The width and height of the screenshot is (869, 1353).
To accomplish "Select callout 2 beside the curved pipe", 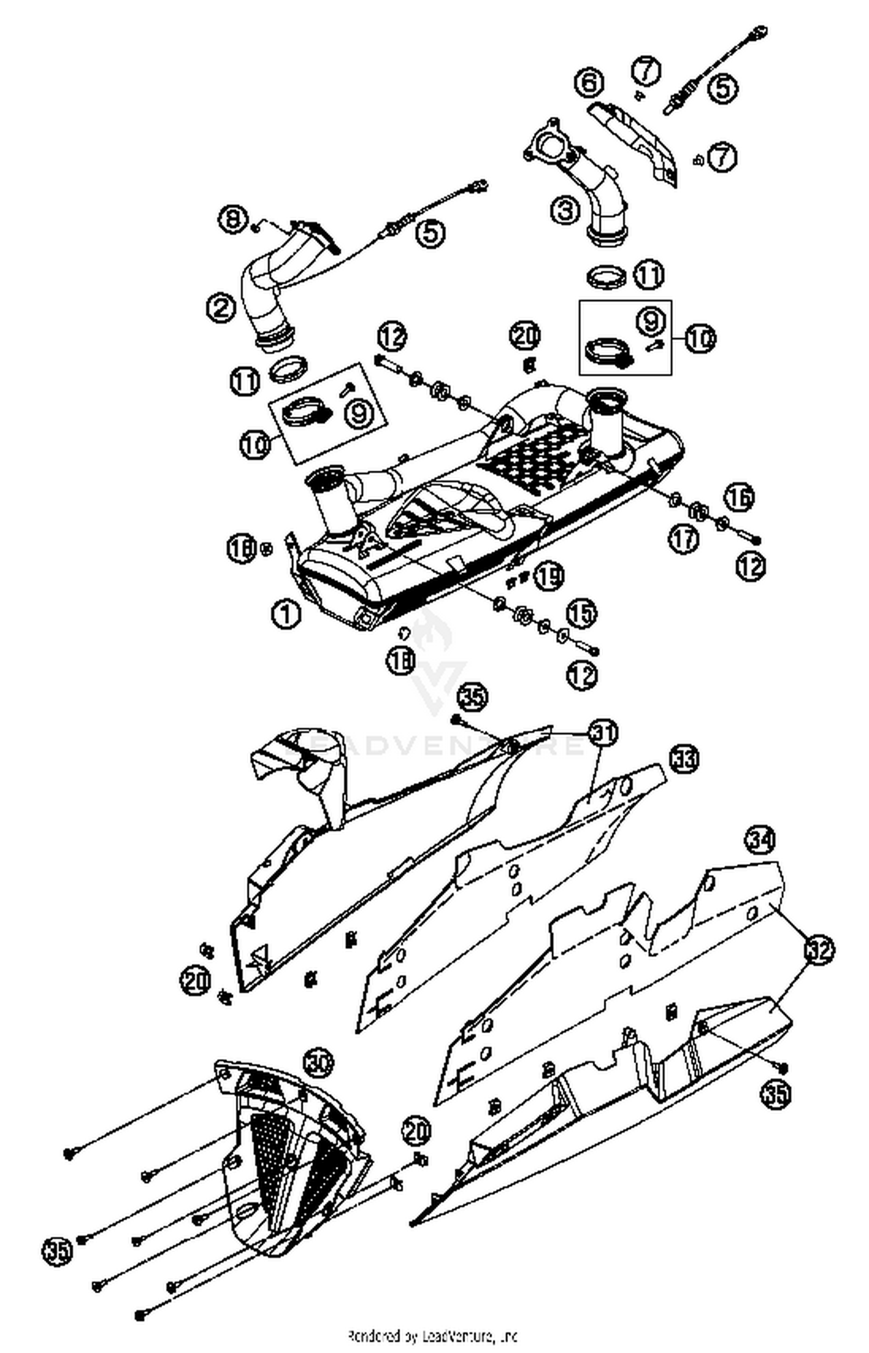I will point(221,307).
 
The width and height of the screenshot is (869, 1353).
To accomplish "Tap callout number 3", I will point(565,210).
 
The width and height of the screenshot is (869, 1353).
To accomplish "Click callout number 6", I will point(589,82).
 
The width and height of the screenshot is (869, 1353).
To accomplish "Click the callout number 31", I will point(603,732).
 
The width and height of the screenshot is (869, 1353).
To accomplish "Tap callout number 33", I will point(684,758).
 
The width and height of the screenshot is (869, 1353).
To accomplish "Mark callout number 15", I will point(581,613).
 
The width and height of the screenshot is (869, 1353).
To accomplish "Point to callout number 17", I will point(684,539).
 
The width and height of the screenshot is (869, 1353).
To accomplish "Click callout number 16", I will point(739,497).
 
